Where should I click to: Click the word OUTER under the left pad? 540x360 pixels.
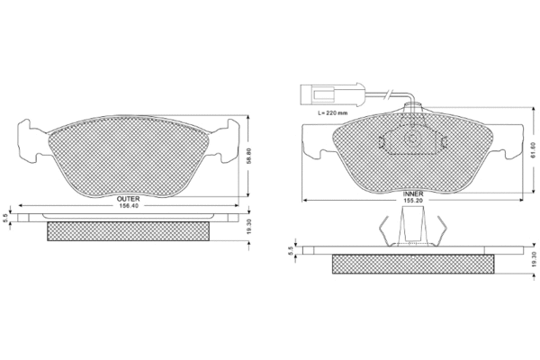tap(128, 199)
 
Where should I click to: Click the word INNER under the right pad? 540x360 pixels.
tap(413, 194)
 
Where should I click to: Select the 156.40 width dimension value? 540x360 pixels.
tap(129, 206)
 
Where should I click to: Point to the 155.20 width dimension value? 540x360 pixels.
tap(413, 200)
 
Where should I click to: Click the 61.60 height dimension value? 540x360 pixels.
tap(534, 149)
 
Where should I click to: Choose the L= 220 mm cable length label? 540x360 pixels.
tap(332, 112)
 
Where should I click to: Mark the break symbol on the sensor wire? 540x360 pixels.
tap(389, 94)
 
